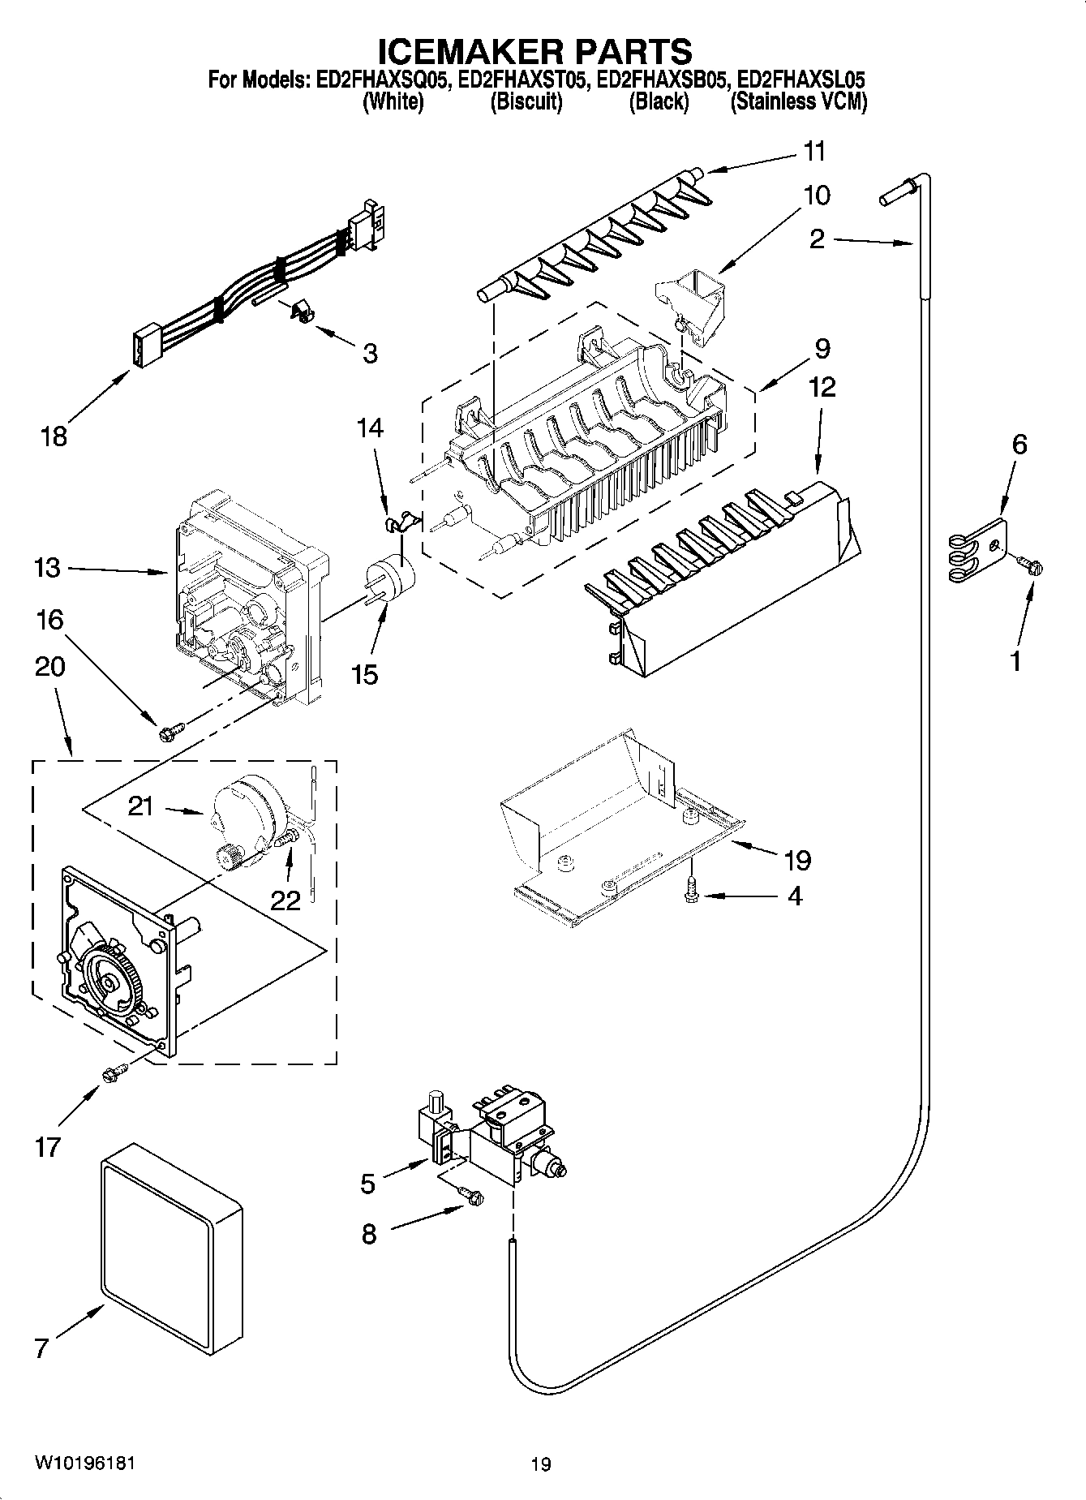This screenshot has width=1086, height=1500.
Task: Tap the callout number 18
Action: click(x=54, y=437)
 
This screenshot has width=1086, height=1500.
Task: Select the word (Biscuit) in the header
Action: click(x=526, y=102)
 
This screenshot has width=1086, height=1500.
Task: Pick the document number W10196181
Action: click(x=84, y=1463)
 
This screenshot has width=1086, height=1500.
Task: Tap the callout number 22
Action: click(x=285, y=900)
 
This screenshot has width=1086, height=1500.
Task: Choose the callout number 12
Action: click(x=822, y=387)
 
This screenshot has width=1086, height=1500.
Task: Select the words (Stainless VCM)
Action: click(x=798, y=102)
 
